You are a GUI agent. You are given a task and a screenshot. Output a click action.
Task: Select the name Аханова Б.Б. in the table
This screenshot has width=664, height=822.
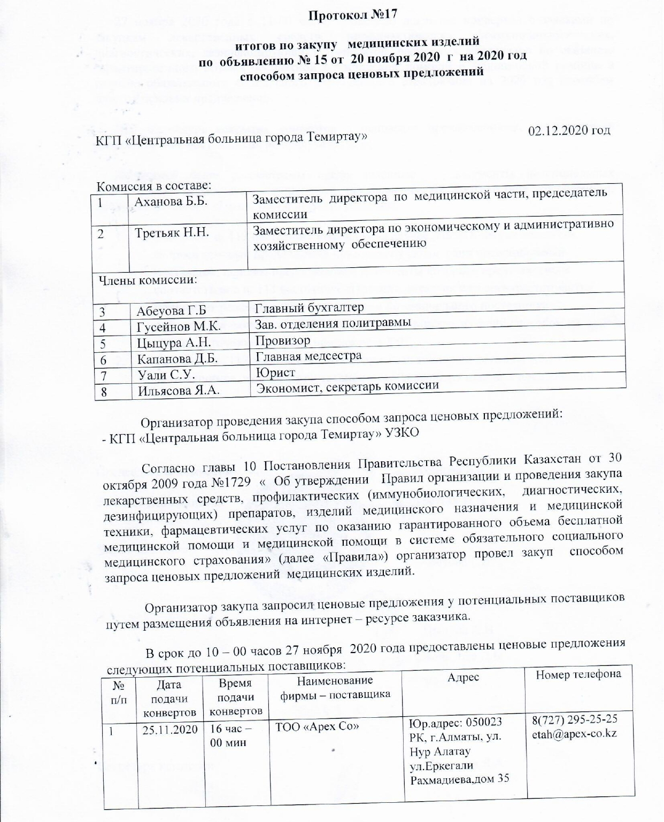[171, 202]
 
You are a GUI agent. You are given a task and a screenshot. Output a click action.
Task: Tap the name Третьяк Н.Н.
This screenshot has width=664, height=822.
[172, 233]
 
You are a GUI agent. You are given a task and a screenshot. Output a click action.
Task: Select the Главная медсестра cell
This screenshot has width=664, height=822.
[308, 355]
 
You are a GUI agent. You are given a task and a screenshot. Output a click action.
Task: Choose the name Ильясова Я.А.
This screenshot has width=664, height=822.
[180, 391]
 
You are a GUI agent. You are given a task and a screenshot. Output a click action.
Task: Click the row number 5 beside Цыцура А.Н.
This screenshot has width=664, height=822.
[103, 343]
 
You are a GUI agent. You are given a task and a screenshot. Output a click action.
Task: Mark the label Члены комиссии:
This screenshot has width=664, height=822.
[145, 280]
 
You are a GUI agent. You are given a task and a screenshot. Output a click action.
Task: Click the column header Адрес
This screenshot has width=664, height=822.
[464, 677]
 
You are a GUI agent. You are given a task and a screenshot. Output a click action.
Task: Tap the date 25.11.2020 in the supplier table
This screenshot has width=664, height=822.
[170, 730]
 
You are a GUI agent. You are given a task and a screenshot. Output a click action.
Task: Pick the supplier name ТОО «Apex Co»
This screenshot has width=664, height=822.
[316, 726]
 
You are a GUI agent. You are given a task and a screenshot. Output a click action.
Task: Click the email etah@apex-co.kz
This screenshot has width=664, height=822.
[574, 733]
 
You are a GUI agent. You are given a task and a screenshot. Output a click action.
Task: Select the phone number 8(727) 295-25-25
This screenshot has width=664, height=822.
[575, 719]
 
